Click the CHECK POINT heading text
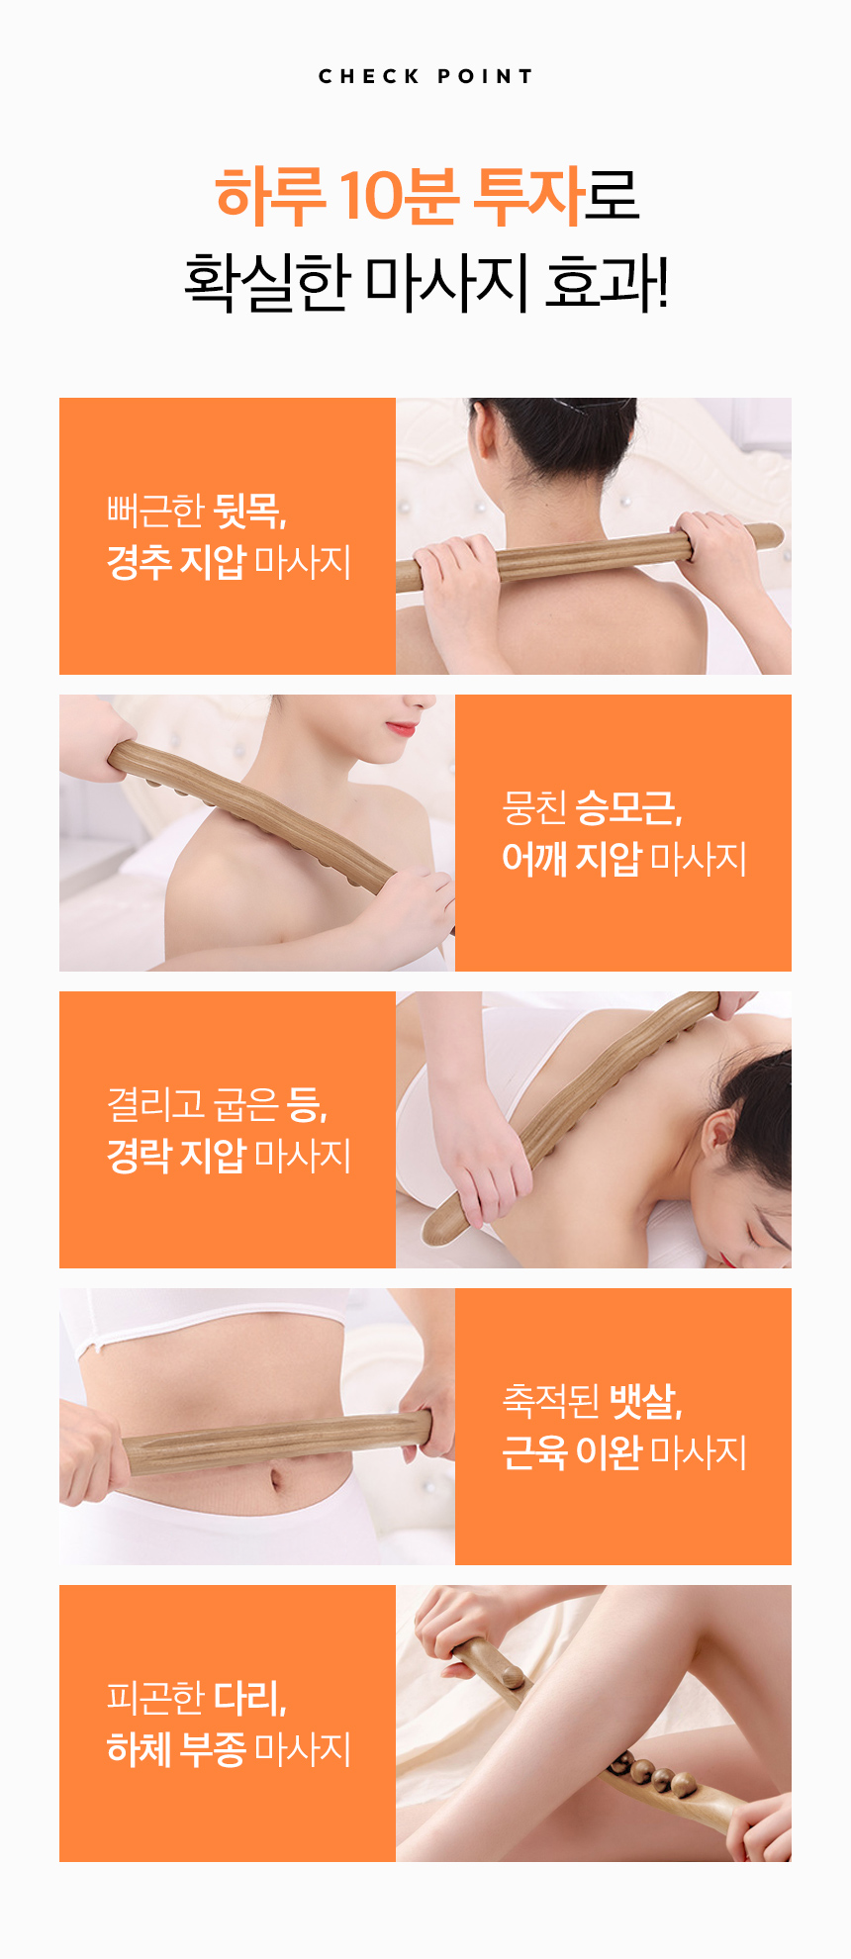(x=425, y=76)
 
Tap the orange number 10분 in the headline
(x=400, y=194)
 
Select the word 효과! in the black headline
(x=607, y=282)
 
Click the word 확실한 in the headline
(x=267, y=282)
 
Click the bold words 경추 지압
(x=176, y=562)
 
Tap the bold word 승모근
(x=628, y=807)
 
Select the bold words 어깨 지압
(x=572, y=858)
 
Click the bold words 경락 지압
(x=176, y=1155)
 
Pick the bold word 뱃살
(x=645, y=1400)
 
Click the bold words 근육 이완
(x=572, y=1451)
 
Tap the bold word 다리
(x=249, y=1697)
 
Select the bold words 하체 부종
(x=176, y=1748)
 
